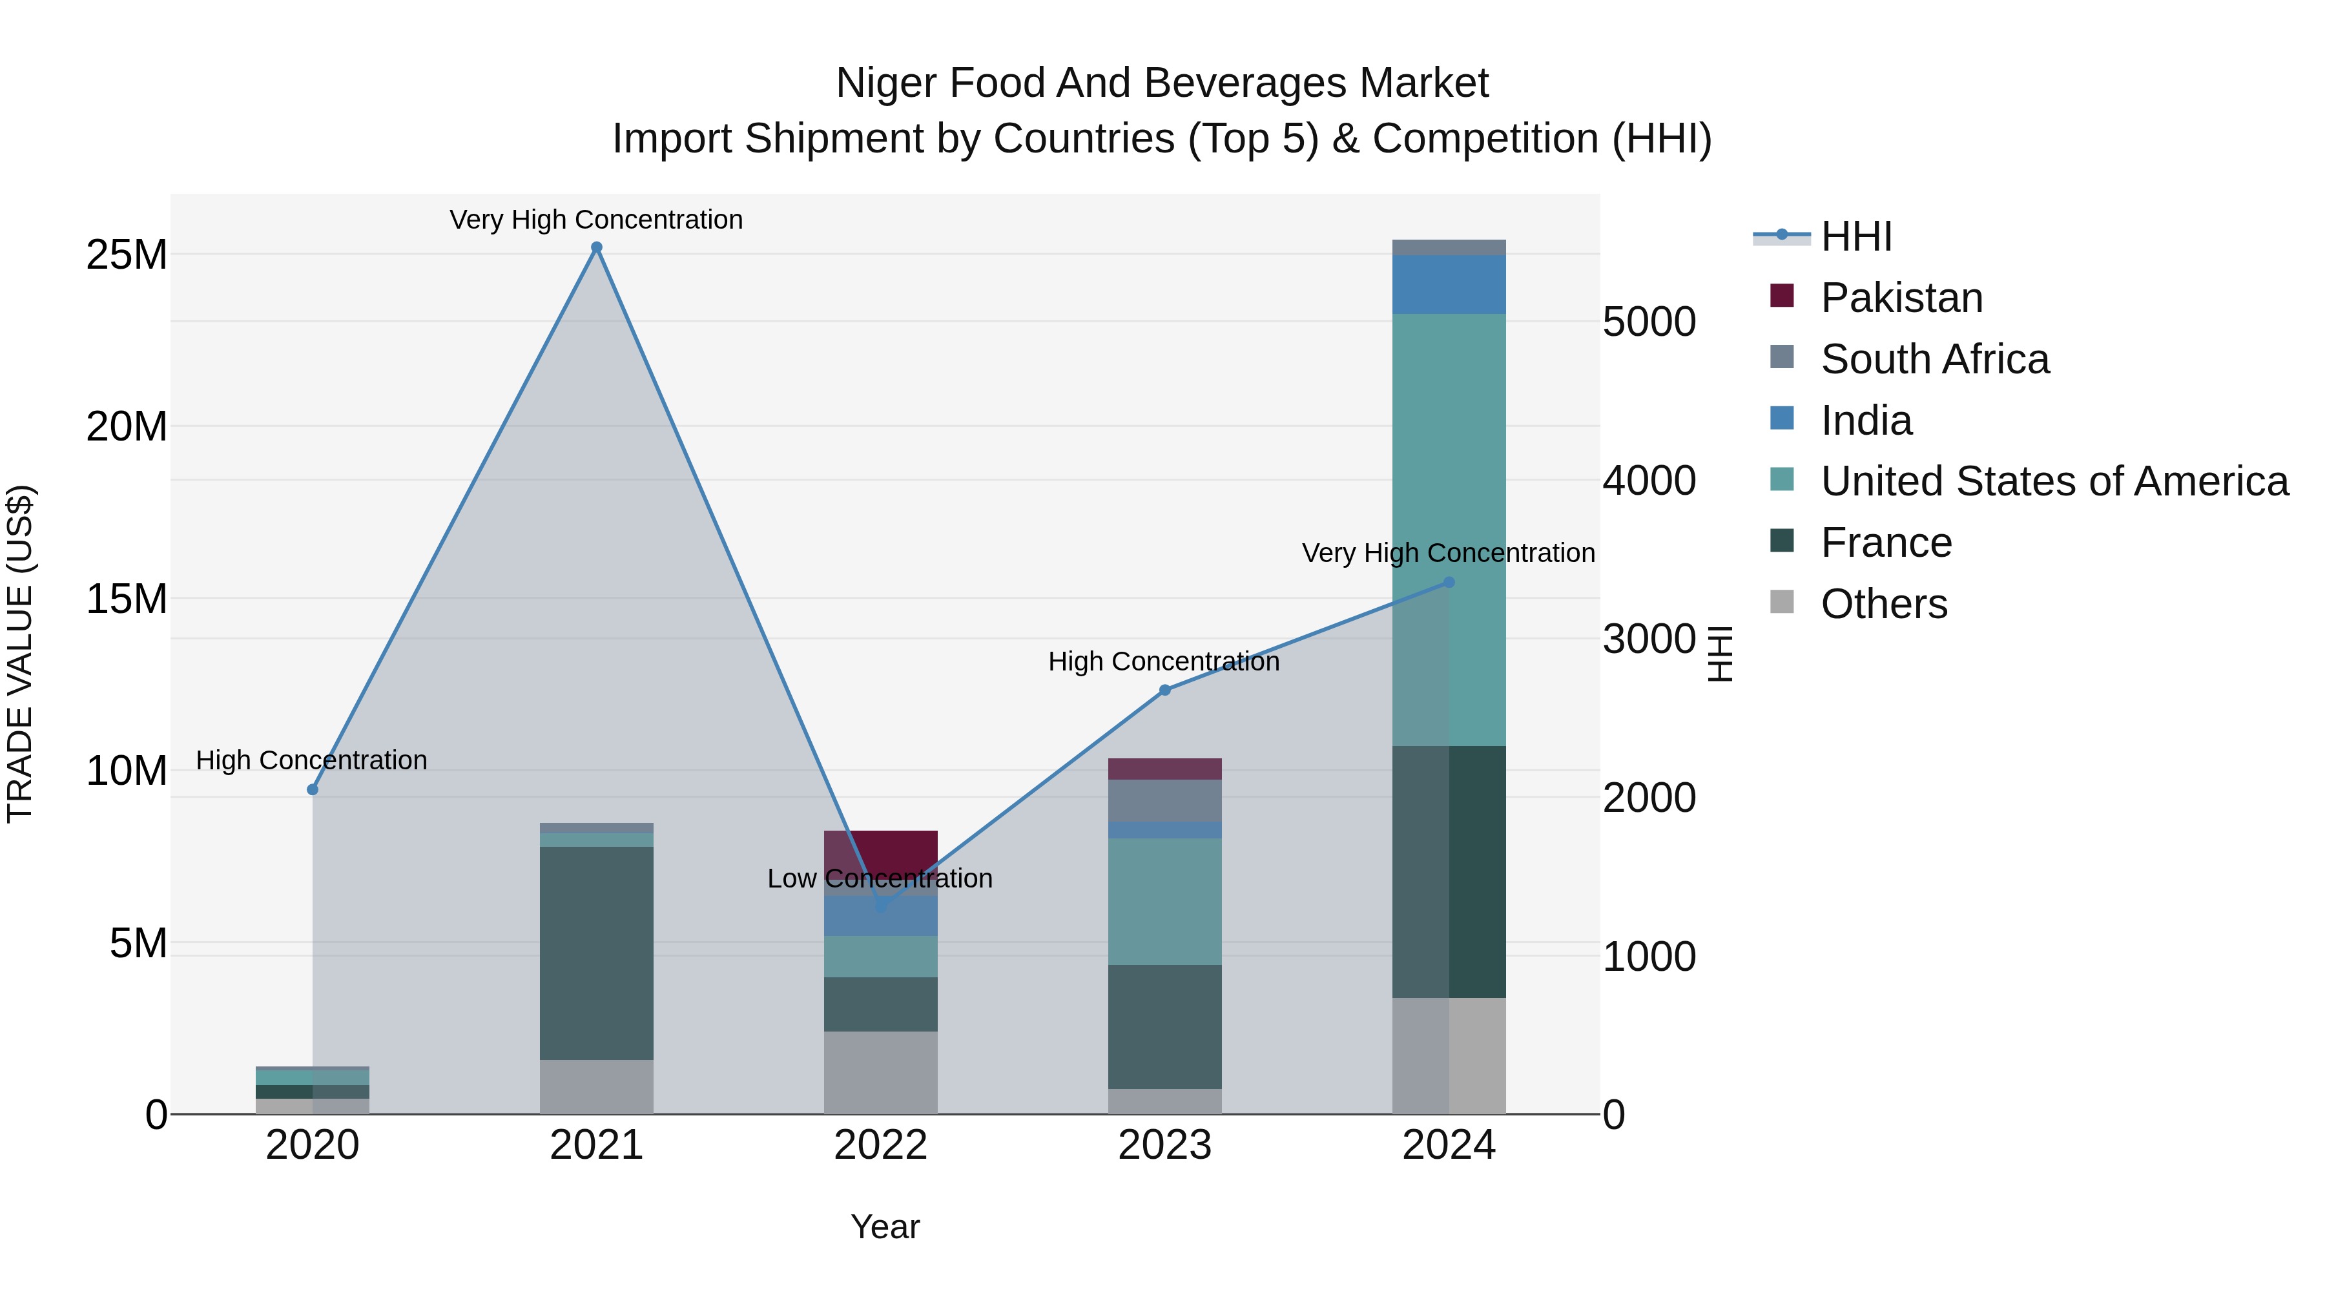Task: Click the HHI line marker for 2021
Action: [597, 247]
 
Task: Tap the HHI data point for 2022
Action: [881, 906]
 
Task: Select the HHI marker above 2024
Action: [1449, 582]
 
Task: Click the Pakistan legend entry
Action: [1901, 298]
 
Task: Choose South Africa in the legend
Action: [1934, 359]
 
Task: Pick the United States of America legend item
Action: [2053, 481]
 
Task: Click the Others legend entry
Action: [1884, 604]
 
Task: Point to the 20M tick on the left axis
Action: [127, 426]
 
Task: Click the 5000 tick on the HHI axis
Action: [1648, 322]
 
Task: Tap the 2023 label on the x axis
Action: [1164, 1145]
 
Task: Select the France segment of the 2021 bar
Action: [597, 952]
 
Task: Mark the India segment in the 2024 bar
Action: [1449, 284]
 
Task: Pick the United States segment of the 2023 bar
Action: [1164, 901]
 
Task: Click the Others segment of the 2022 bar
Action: [881, 1072]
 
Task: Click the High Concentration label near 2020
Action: [311, 760]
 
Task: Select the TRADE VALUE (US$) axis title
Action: [20, 654]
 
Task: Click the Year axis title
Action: [885, 1227]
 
